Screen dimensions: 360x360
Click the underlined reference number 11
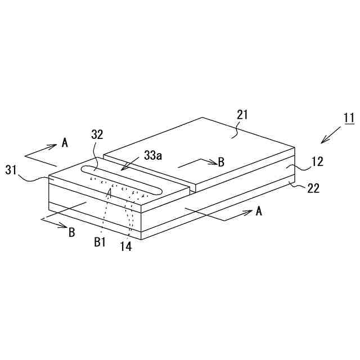click(349, 118)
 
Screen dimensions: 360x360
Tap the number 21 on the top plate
click(242, 115)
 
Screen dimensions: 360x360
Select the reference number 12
click(317, 162)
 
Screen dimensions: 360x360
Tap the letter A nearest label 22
click(259, 211)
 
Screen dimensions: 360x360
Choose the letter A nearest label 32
click(65, 143)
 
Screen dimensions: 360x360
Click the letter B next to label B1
click(71, 232)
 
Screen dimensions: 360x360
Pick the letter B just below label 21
click(221, 162)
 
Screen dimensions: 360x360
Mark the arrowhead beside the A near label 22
click(247, 212)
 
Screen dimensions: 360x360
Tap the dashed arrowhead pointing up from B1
click(110, 192)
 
